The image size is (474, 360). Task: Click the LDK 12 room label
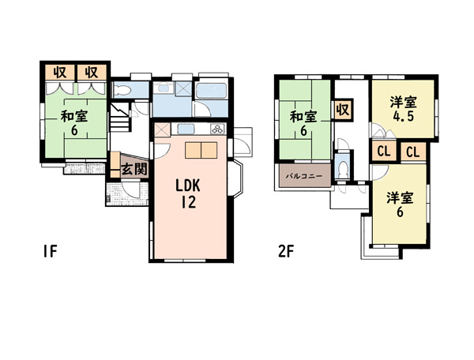click(x=188, y=193)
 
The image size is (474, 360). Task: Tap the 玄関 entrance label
click(x=134, y=170)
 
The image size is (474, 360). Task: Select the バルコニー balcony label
click(x=304, y=176)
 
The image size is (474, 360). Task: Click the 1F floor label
click(x=50, y=251)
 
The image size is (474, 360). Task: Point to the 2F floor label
click(x=286, y=251)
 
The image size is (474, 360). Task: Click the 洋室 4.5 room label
click(x=403, y=109)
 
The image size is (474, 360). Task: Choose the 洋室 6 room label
click(x=400, y=204)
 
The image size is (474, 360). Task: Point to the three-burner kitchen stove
click(x=217, y=129)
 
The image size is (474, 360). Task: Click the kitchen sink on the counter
click(x=184, y=129)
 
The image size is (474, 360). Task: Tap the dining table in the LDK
click(x=201, y=150)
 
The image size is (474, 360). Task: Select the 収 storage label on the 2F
click(x=343, y=110)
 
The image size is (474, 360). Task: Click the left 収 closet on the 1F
click(x=60, y=72)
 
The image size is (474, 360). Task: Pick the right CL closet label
click(x=413, y=152)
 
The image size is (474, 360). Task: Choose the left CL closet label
click(x=384, y=151)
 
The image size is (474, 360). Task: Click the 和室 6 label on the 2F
click(x=303, y=123)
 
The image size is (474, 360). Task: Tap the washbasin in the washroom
click(x=164, y=88)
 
